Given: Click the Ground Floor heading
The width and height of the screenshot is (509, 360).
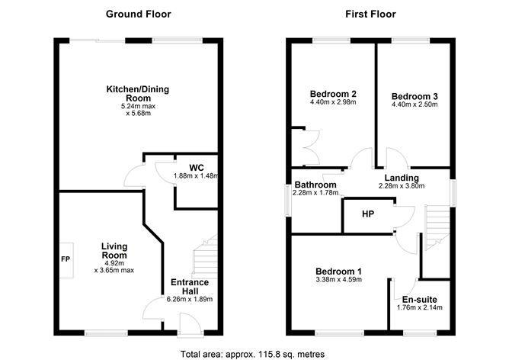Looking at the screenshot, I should (138, 14).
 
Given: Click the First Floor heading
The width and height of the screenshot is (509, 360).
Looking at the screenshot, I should (371, 14).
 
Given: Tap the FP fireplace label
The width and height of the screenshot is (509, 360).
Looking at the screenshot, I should (65, 259).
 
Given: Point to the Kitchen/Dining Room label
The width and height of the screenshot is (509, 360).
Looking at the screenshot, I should (137, 94).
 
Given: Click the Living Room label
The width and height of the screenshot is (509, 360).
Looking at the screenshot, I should (114, 252).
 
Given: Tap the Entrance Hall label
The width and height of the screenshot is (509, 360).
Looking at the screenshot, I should (189, 288).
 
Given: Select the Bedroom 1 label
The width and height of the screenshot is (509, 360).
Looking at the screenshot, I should (338, 272).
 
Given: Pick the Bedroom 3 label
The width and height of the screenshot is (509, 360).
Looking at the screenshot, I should (415, 96).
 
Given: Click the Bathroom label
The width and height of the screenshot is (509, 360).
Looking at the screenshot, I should (315, 185).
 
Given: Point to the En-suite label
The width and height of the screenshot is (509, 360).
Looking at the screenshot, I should (421, 299).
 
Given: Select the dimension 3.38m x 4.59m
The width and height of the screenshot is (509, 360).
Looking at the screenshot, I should (338, 280).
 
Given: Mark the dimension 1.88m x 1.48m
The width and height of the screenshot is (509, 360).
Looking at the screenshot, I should (196, 176).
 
